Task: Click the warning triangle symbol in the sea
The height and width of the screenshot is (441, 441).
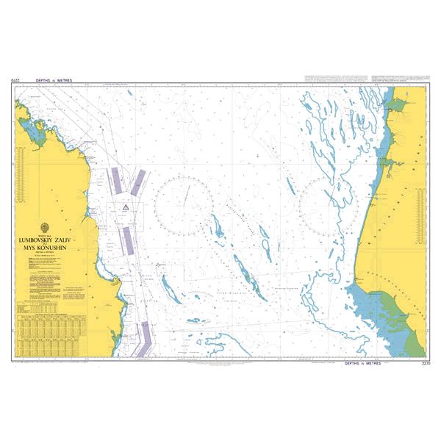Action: (126, 209)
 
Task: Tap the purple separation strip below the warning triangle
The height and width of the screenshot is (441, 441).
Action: (127, 237)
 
